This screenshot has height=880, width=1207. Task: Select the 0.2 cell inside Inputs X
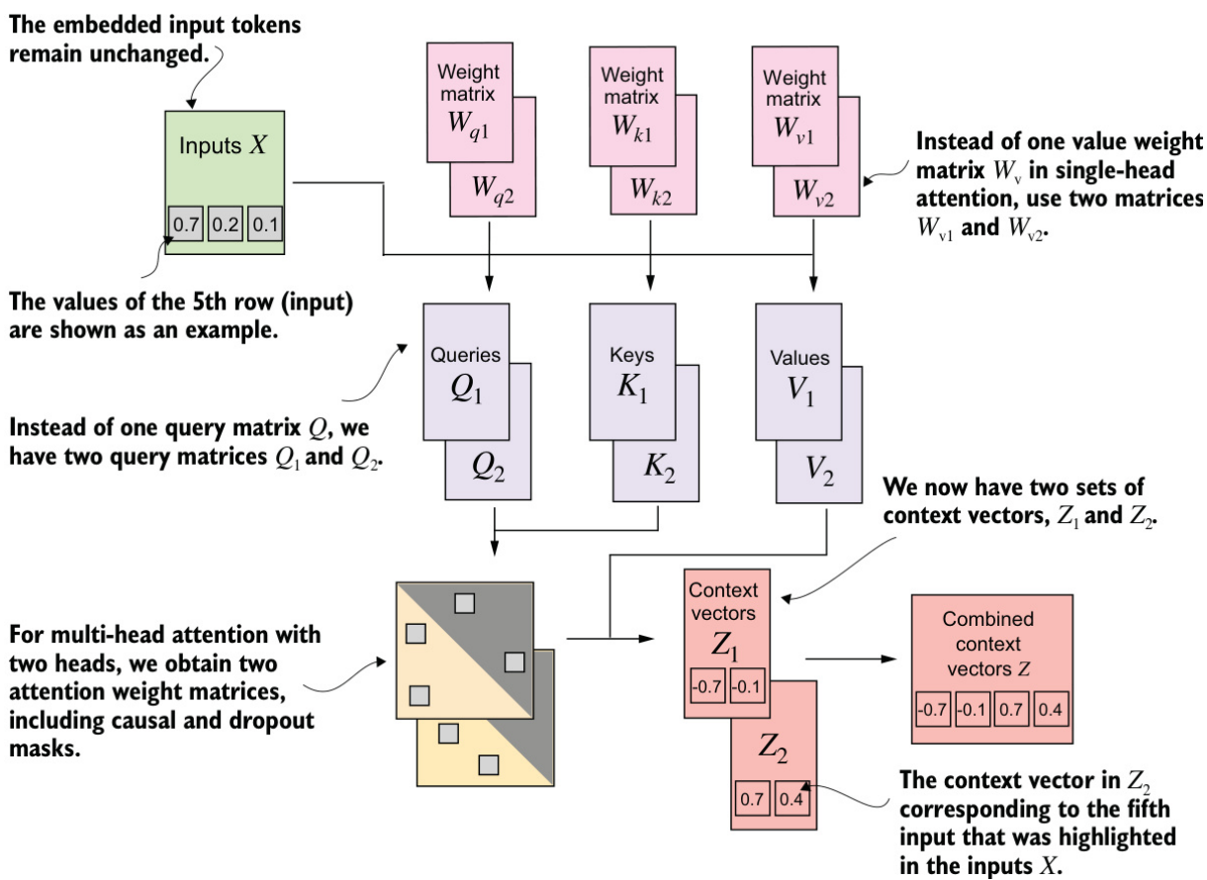[x=225, y=224]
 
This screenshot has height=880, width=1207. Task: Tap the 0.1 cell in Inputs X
[x=264, y=224]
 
